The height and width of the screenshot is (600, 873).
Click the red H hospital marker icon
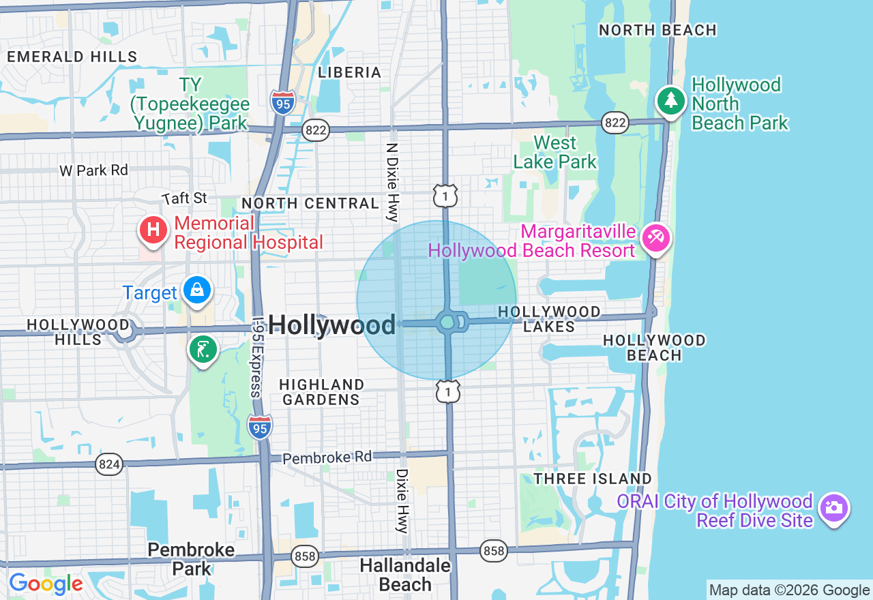click(154, 229)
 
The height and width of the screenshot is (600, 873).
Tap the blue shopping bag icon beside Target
click(197, 290)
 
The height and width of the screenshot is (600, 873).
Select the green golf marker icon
click(203, 349)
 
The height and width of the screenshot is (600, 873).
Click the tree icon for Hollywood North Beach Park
click(671, 100)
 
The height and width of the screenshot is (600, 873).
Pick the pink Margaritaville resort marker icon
click(656, 238)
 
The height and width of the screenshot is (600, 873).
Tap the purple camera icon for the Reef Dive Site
click(834, 507)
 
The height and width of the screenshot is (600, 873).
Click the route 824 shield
click(109, 465)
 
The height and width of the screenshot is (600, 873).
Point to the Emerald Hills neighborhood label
click(72, 57)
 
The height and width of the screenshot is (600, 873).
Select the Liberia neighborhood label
click(350, 72)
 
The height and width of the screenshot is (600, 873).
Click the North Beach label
click(657, 30)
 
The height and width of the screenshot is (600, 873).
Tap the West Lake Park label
click(555, 152)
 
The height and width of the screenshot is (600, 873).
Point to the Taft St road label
click(185, 198)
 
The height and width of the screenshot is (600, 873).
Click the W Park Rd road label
click(93, 170)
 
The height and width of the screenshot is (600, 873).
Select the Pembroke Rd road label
click(327, 457)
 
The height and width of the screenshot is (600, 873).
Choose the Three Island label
click(593, 479)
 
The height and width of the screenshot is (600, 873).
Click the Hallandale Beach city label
click(405, 575)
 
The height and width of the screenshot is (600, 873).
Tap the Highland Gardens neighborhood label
click(321, 392)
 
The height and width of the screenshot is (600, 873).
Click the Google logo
click(46, 584)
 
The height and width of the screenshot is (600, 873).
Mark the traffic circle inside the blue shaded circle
click(447, 321)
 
